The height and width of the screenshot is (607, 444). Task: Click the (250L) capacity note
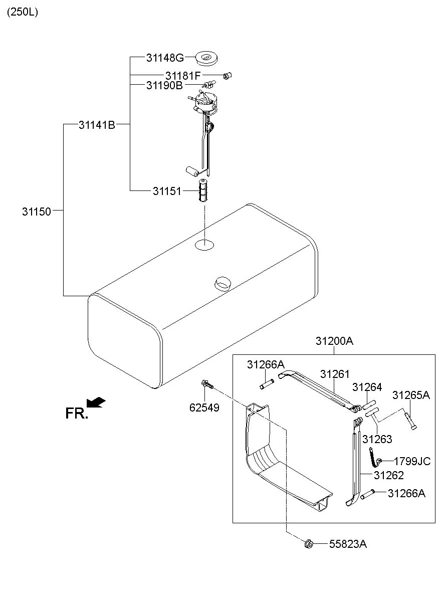coord(22,13)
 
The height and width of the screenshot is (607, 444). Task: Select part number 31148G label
coord(165,58)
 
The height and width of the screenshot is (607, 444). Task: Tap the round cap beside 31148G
coord(206,58)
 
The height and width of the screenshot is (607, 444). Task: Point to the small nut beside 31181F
coord(227,76)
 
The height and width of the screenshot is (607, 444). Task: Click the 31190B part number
coord(164,85)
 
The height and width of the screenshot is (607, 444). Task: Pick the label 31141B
coord(97,125)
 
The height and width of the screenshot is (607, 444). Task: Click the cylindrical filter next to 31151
coord(203,190)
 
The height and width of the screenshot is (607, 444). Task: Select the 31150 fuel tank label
coord(37,212)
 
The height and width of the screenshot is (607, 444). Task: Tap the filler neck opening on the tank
coord(223,283)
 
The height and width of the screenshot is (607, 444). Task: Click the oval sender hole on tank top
coord(204,245)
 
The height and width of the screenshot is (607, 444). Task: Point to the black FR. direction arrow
coord(96,402)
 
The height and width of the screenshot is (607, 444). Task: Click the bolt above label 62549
coord(207,384)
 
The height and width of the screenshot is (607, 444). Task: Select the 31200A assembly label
coord(334,341)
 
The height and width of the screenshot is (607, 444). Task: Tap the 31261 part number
coord(335,374)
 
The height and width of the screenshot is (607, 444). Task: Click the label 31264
coord(367,387)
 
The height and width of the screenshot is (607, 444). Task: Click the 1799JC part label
coord(412,461)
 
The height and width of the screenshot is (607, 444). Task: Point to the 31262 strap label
coord(389,475)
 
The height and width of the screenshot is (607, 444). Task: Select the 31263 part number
coord(377,439)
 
